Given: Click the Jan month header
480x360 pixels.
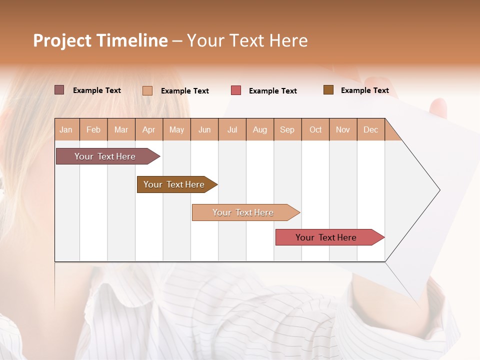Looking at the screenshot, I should click(x=66, y=129).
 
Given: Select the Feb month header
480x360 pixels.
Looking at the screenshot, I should click(x=93, y=129).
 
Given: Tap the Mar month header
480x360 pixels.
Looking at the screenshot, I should click(x=121, y=129).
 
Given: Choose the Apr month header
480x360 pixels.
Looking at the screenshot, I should click(x=148, y=129).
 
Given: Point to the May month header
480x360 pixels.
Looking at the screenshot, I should click(x=176, y=129).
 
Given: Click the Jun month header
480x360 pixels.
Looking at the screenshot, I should click(x=204, y=129).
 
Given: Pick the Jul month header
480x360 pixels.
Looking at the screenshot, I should click(x=232, y=129).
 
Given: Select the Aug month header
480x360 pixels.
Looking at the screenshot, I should click(x=259, y=129).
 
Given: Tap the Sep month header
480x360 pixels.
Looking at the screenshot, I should click(x=287, y=129).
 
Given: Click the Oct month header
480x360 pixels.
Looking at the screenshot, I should click(x=315, y=129).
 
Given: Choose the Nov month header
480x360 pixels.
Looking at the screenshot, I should click(x=343, y=129).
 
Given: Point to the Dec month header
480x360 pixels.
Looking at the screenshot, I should click(x=370, y=129).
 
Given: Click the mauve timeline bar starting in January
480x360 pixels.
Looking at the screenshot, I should click(x=105, y=156).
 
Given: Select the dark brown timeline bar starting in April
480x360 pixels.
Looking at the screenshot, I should click(x=174, y=184).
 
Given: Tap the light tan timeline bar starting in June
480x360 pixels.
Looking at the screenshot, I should click(x=243, y=212).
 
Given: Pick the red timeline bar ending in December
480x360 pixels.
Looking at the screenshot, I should click(x=326, y=237).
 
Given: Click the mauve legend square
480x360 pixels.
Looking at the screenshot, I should click(x=59, y=90).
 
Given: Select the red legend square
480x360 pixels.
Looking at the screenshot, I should click(x=236, y=90).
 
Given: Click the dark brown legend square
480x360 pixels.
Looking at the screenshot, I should click(x=328, y=90).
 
